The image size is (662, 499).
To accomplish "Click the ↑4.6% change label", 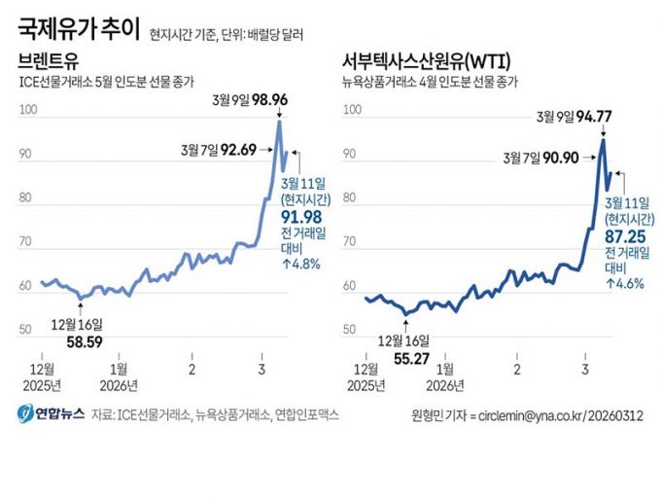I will (625, 283).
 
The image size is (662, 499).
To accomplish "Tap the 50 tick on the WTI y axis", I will (353, 332).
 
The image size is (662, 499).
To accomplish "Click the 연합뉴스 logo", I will (52, 414).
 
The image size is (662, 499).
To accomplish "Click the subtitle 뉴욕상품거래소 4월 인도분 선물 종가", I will (430, 82).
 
